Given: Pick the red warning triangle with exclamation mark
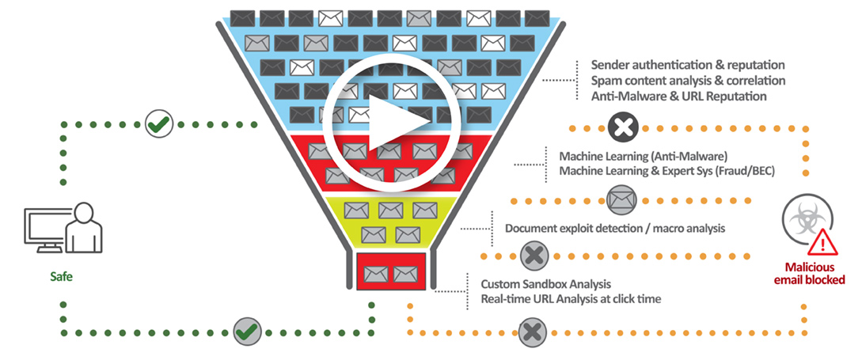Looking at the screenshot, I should (x=824, y=241).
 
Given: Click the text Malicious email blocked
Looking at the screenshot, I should (x=812, y=273).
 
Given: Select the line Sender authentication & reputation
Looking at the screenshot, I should (x=688, y=64).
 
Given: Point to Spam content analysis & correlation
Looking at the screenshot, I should (x=688, y=81).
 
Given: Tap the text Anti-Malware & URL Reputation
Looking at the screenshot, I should (x=678, y=97).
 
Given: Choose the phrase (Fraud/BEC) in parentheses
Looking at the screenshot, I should (x=748, y=172).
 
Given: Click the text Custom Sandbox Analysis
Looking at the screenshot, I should (x=546, y=283).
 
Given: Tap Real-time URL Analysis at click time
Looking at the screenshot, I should (x=571, y=299).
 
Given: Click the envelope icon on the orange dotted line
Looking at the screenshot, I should (x=621, y=198).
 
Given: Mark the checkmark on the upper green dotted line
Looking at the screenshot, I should (x=160, y=124).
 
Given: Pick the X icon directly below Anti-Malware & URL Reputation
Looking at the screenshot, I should (x=623, y=124).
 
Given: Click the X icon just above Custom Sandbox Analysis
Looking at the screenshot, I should (x=534, y=255).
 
